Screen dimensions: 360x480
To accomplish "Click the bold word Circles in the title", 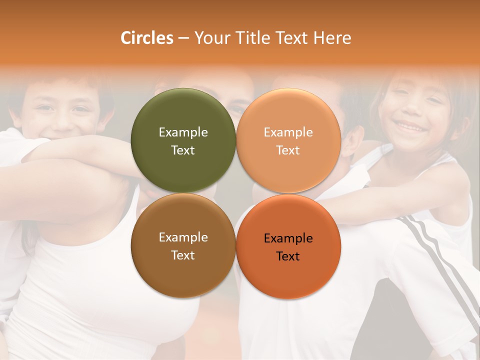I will (146, 38).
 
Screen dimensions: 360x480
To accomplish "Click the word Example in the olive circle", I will (183, 132).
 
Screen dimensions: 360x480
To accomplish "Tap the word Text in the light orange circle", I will (288, 150).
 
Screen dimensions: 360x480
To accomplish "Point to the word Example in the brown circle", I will (183, 237).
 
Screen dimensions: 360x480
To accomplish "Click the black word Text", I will (288, 256).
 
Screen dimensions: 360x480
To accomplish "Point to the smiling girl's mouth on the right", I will (411, 127).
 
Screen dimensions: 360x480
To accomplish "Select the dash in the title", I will (183, 38).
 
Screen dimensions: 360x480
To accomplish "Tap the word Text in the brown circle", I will (183, 255).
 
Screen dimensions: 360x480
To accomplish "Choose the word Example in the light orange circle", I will (288, 132).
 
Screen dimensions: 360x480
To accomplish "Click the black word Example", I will (288, 238).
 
